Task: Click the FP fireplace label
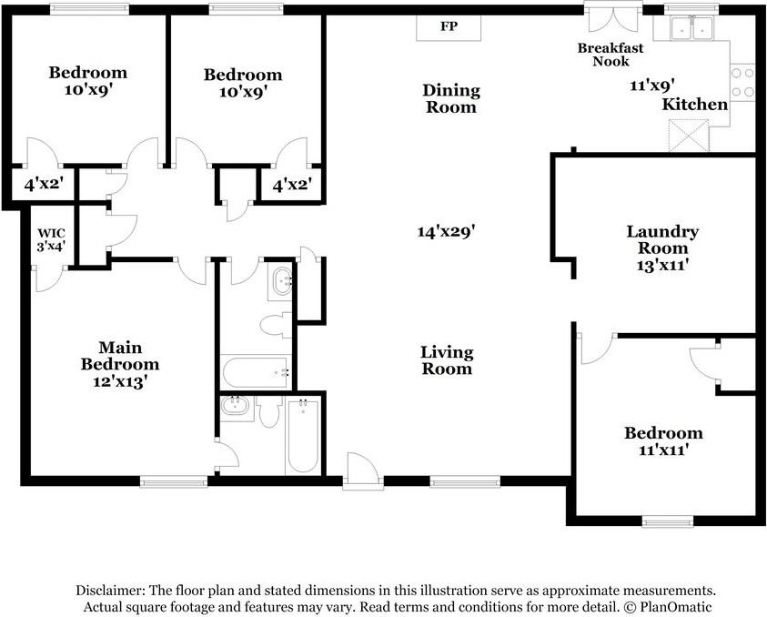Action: click(449, 25)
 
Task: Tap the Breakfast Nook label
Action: click(611, 55)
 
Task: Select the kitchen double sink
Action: click(691, 28)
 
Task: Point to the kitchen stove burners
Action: click(742, 82)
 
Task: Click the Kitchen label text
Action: click(694, 105)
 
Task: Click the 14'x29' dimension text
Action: click(446, 231)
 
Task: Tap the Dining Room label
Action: click(451, 98)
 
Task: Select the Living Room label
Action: click(447, 360)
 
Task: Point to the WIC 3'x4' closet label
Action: click(51, 239)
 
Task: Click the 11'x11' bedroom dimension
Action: click(664, 450)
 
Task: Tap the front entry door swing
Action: click(362, 470)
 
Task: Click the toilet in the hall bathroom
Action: click(276, 325)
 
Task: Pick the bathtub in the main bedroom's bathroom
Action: click(303, 437)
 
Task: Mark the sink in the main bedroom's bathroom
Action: click(237, 407)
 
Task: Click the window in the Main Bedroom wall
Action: click(174, 482)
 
